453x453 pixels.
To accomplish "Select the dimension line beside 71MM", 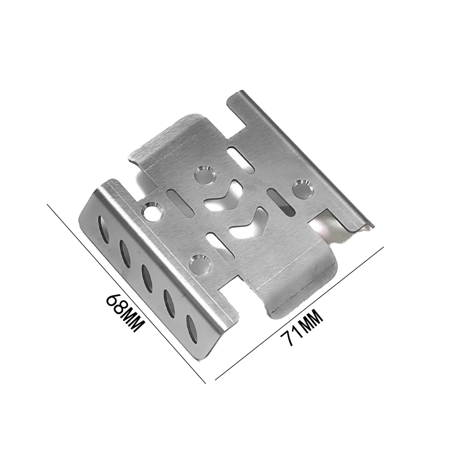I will (x=299, y=313).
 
